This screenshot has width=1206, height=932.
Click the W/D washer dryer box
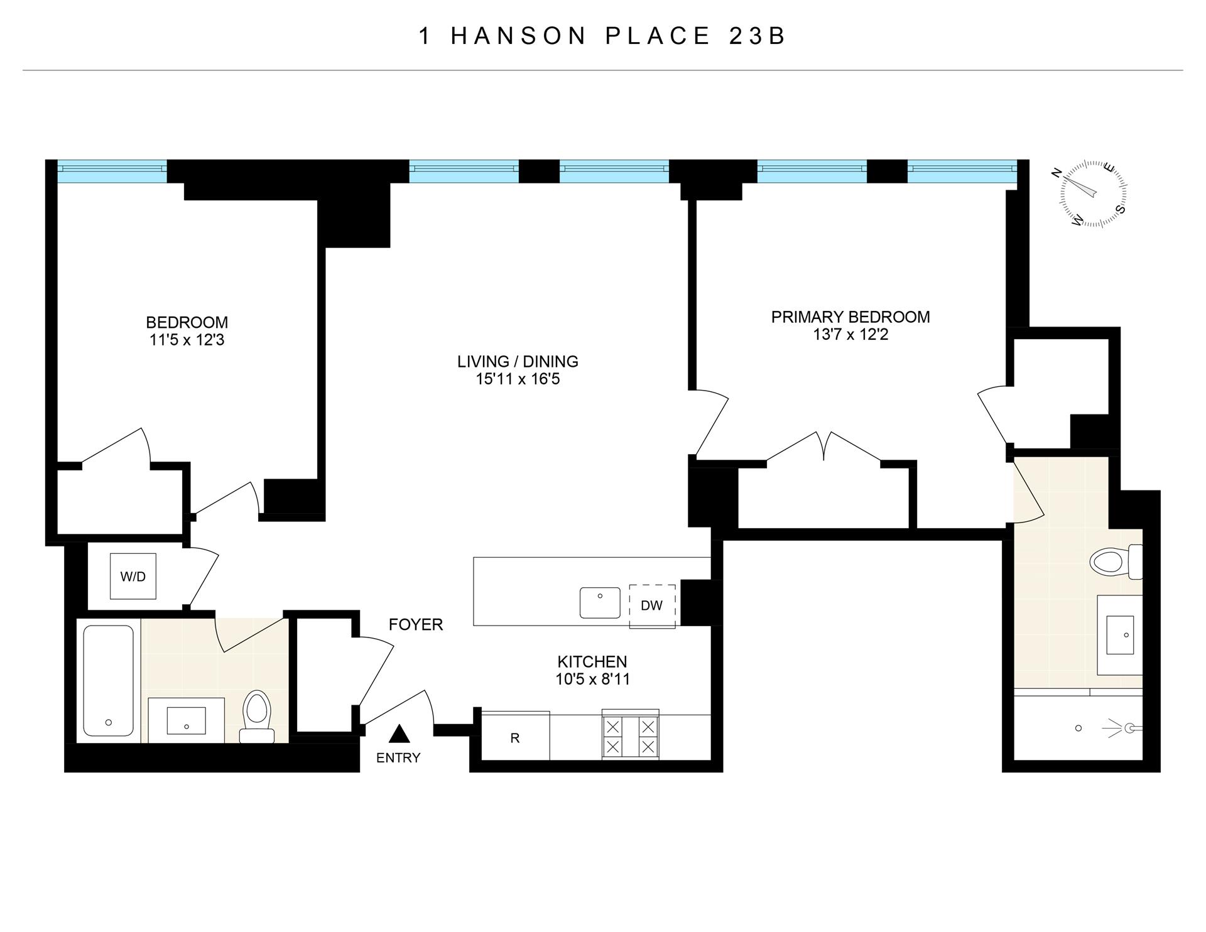click(133, 576)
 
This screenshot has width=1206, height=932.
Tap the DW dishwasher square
click(652, 605)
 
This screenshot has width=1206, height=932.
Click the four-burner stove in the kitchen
click(630, 737)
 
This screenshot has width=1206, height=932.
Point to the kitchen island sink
click(600, 602)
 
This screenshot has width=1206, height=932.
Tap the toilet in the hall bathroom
click(256, 716)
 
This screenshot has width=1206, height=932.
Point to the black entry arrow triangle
click(399, 734)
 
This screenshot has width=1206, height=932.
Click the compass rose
click(1093, 193)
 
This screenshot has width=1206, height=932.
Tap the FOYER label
click(416, 624)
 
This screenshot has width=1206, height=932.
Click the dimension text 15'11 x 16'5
click(518, 379)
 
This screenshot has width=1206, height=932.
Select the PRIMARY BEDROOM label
click(850, 317)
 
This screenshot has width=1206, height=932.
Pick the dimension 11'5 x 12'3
click(187, 340)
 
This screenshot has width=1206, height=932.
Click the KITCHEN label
click(592, 661)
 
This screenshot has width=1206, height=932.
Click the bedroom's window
click(112, 170)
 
